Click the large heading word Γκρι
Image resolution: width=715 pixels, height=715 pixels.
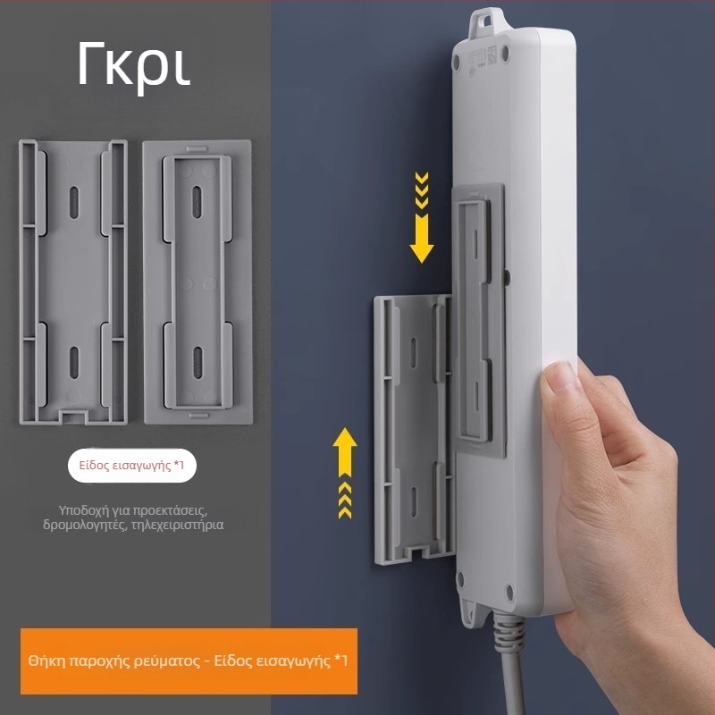pos(133,66)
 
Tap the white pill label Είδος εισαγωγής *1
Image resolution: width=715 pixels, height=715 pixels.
pos(132,466)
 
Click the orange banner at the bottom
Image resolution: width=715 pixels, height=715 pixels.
pos(189,660)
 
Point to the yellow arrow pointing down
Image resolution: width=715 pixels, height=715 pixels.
pos(421,239)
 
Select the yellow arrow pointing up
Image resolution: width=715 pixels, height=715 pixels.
pos(345,452)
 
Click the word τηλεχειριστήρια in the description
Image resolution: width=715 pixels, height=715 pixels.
pos(177,525)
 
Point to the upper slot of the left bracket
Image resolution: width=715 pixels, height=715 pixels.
pos(74,202)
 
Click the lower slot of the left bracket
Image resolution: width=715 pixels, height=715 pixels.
pos(74,363)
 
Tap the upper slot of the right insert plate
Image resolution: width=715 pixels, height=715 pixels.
pos(197,202)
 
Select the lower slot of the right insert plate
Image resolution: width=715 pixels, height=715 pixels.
pos(198,363)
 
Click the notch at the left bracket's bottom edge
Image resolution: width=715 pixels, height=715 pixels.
pos(73,416)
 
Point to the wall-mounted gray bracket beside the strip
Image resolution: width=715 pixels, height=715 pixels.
pos(414,430)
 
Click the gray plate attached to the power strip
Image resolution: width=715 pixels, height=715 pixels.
pos(478,321)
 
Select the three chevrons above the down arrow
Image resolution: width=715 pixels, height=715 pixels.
pos(421,190)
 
